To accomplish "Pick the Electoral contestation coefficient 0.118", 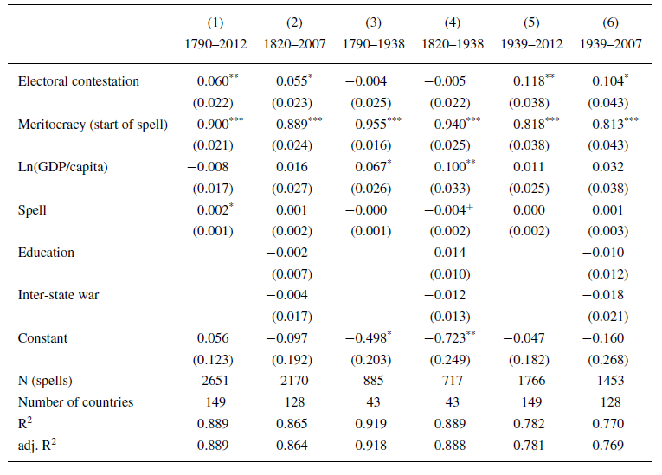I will click(x=523, y=81).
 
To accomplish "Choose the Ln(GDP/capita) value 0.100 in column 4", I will click(x=443, y=166).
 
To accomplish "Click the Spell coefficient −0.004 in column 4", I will click(x=444, y=209).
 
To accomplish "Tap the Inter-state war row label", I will click(x=58, y=295).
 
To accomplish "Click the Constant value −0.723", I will click(x=443, y=338).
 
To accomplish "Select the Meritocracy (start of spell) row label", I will click(x=93, y=124).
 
